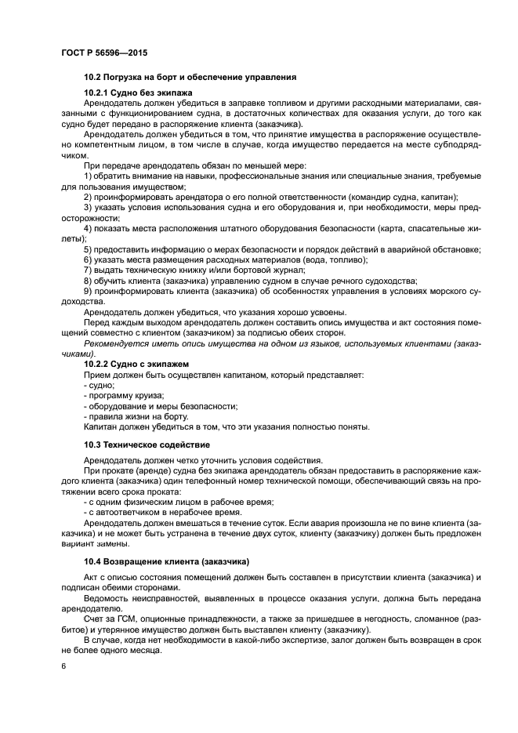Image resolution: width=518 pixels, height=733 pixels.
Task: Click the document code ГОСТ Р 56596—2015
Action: click(104, 53)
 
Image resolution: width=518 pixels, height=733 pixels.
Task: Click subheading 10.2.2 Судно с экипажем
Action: click(136, 365)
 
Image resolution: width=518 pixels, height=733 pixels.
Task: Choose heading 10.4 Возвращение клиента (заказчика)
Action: click(166, 561)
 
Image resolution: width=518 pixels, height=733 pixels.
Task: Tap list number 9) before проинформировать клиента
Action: click(88, 291)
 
